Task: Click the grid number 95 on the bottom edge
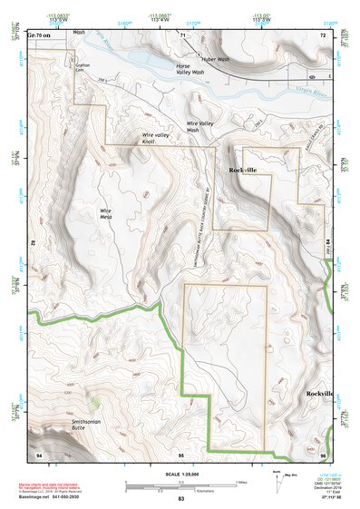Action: click(x=180, y=453)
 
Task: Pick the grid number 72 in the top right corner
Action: click(x=321, y=34)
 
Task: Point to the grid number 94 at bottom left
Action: click(x=38, y=452)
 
